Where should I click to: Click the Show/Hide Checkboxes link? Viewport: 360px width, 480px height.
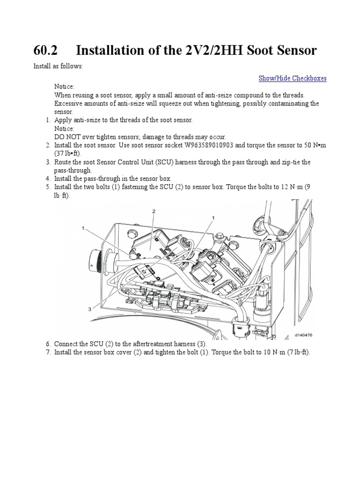292,78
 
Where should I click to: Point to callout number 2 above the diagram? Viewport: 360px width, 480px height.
153,211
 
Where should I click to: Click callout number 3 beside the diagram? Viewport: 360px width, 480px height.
89,309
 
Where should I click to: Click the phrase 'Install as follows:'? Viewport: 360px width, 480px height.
58,66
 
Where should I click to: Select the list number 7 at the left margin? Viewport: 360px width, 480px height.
48,352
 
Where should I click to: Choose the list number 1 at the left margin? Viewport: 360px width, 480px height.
48,120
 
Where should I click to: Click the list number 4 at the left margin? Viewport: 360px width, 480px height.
48,179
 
